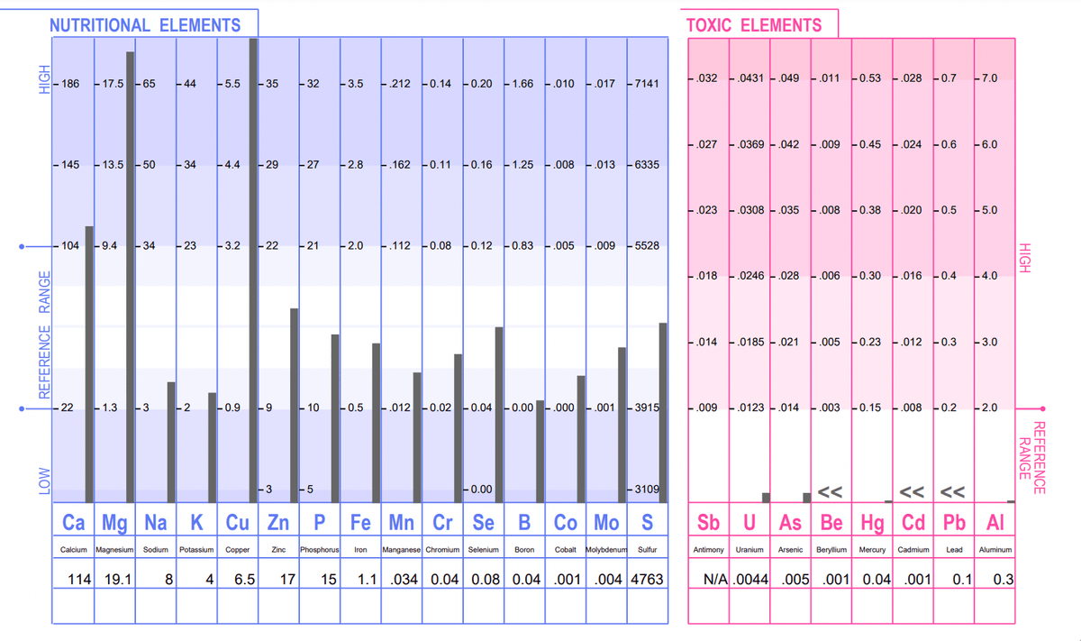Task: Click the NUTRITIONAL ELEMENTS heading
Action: click(145, 24)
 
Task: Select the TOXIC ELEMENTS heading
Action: click(754, 25)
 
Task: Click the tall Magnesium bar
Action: click(131, 270)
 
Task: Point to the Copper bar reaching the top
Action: click(254, 270)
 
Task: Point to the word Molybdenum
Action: click(605, 549)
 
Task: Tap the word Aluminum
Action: click(995, 549)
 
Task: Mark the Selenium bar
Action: click(499, 415)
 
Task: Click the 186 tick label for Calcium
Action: click(70, 84)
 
